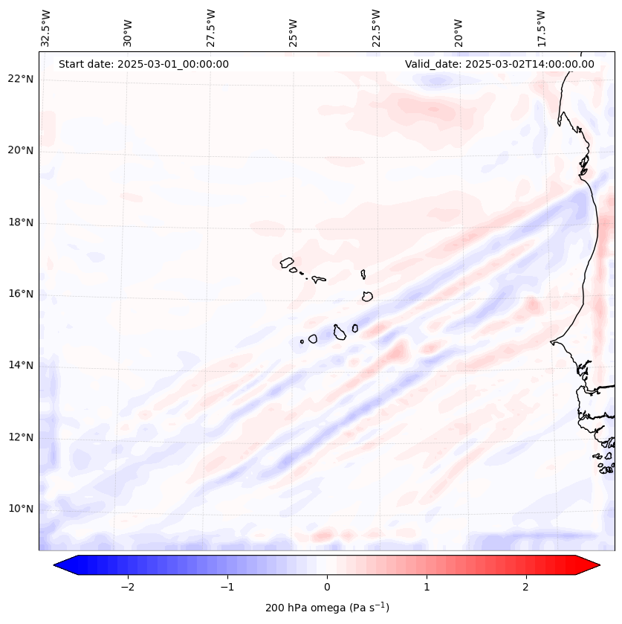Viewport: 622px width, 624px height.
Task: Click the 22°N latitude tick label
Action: (x=20, y=79)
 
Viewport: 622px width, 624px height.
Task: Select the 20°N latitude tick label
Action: (x=20, y=151)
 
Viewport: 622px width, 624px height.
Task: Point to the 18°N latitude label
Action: (x=20, y=222)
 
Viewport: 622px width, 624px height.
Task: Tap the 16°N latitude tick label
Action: (x=20, y=294)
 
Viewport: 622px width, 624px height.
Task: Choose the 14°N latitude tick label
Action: (x=20, y=365)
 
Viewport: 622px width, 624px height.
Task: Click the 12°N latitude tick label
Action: (x=20, y=437)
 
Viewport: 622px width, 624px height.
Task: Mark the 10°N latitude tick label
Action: (x=20, y=509)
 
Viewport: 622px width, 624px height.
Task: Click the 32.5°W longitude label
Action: (x=46, y=28)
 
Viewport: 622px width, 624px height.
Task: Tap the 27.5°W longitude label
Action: (x=210, y=28)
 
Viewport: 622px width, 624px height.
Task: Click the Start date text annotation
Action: (x=143, y=64)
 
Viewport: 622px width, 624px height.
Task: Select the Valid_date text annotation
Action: (x=499, y=64)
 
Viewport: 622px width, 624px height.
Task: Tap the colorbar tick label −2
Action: (x=127, y=587)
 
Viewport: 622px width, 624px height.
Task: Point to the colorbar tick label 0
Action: (x=327, y=587)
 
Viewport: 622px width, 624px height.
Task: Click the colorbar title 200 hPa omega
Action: (x=327, y=608)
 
